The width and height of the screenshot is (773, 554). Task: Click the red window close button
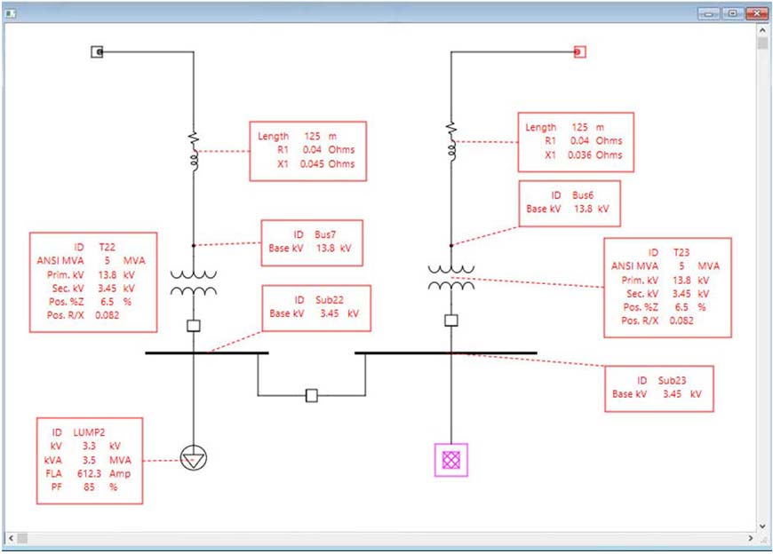(x=756, y=13)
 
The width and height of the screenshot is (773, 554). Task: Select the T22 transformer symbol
(x=194, y=283)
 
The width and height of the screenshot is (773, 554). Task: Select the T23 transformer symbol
(x=451, y=277)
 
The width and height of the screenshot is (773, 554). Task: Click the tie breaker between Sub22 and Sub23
(x=311, y=396)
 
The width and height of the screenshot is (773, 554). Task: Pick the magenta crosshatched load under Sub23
(x=451, y=459)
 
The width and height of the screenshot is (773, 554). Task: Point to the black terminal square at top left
(x=98, y=52)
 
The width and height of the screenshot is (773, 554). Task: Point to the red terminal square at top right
(x=579, y=52)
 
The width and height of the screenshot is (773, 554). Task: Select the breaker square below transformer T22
(x=194, y=326)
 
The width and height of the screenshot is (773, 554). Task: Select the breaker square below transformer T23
(x=451, y=320)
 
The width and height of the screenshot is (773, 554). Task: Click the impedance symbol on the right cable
(x=451, y=140)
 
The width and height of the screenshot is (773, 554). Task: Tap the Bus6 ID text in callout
(x=569, y=194)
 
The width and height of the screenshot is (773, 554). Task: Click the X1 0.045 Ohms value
(x=315, y=164)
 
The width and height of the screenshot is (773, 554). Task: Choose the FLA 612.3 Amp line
(x=89, y=475)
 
